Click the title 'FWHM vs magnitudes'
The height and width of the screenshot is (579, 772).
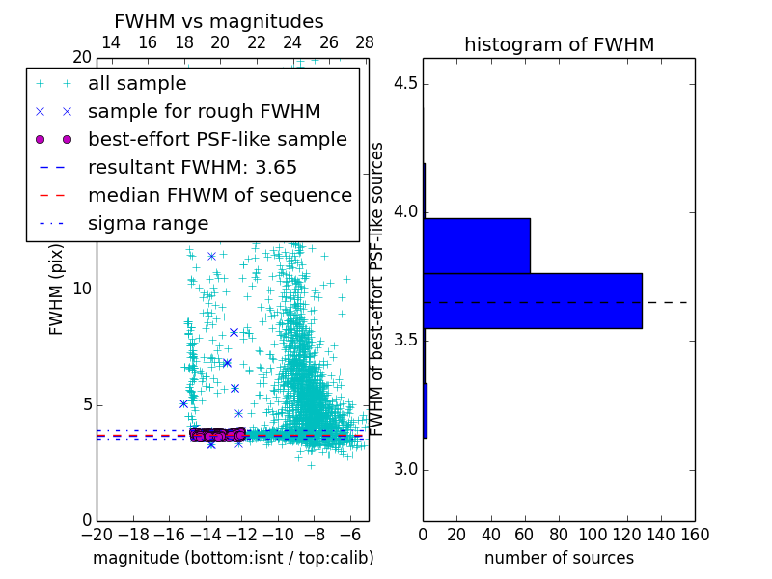[x=219, y=22]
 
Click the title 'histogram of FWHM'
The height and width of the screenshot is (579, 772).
[x=559, y=45]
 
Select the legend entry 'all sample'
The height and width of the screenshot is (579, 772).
[x=137, y=84]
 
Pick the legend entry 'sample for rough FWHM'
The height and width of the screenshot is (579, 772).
[x=204, y=112]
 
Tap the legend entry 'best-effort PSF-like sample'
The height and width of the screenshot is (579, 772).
[x=217, y=139]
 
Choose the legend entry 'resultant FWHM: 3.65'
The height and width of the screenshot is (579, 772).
[x=192, y=167]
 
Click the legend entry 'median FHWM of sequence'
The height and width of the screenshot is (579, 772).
[x=219, y=195]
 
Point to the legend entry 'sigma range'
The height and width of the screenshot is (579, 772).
[x=148, y=223]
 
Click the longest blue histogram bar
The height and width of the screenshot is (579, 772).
[x=532, y=301]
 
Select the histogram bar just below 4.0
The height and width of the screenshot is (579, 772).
[x=477, y=246]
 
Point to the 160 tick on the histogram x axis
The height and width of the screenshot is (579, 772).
[x=695, y=535]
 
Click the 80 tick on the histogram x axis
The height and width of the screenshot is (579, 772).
[x=559, y=535]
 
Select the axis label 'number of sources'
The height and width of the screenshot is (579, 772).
[x=559, y=558]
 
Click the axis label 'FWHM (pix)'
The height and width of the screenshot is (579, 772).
[x=57, y=288]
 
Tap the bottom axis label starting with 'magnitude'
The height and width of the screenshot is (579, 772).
[x=233, y=558]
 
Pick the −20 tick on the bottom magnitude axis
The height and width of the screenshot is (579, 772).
[x=96, y=535]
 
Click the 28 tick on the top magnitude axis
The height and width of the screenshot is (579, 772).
[x=365, y=42]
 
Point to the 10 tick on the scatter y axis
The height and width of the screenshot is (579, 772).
[x=82, y=289]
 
